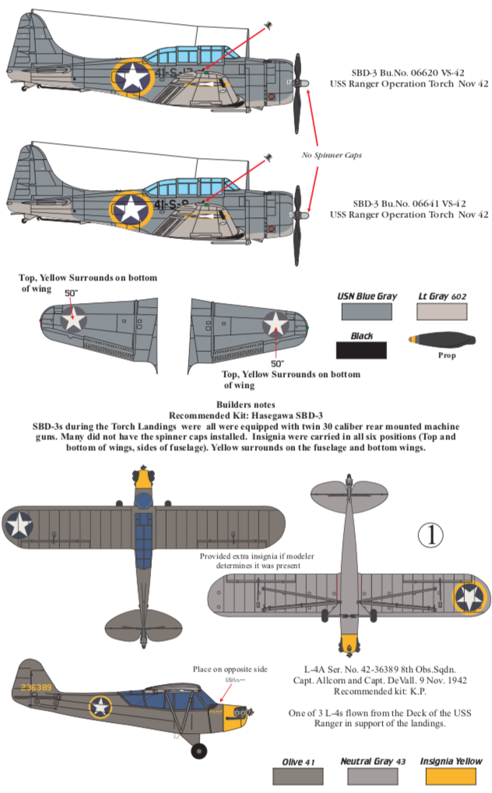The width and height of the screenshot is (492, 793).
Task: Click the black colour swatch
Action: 360,350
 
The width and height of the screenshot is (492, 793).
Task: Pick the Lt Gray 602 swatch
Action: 441,312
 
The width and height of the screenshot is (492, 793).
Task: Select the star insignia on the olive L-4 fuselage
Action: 100,707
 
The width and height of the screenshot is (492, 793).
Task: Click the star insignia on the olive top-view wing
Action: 19,526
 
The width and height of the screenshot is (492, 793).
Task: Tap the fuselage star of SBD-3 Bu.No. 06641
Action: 133,208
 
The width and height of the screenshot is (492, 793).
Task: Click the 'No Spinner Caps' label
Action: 332,155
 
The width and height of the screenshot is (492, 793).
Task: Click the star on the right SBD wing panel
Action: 276,323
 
